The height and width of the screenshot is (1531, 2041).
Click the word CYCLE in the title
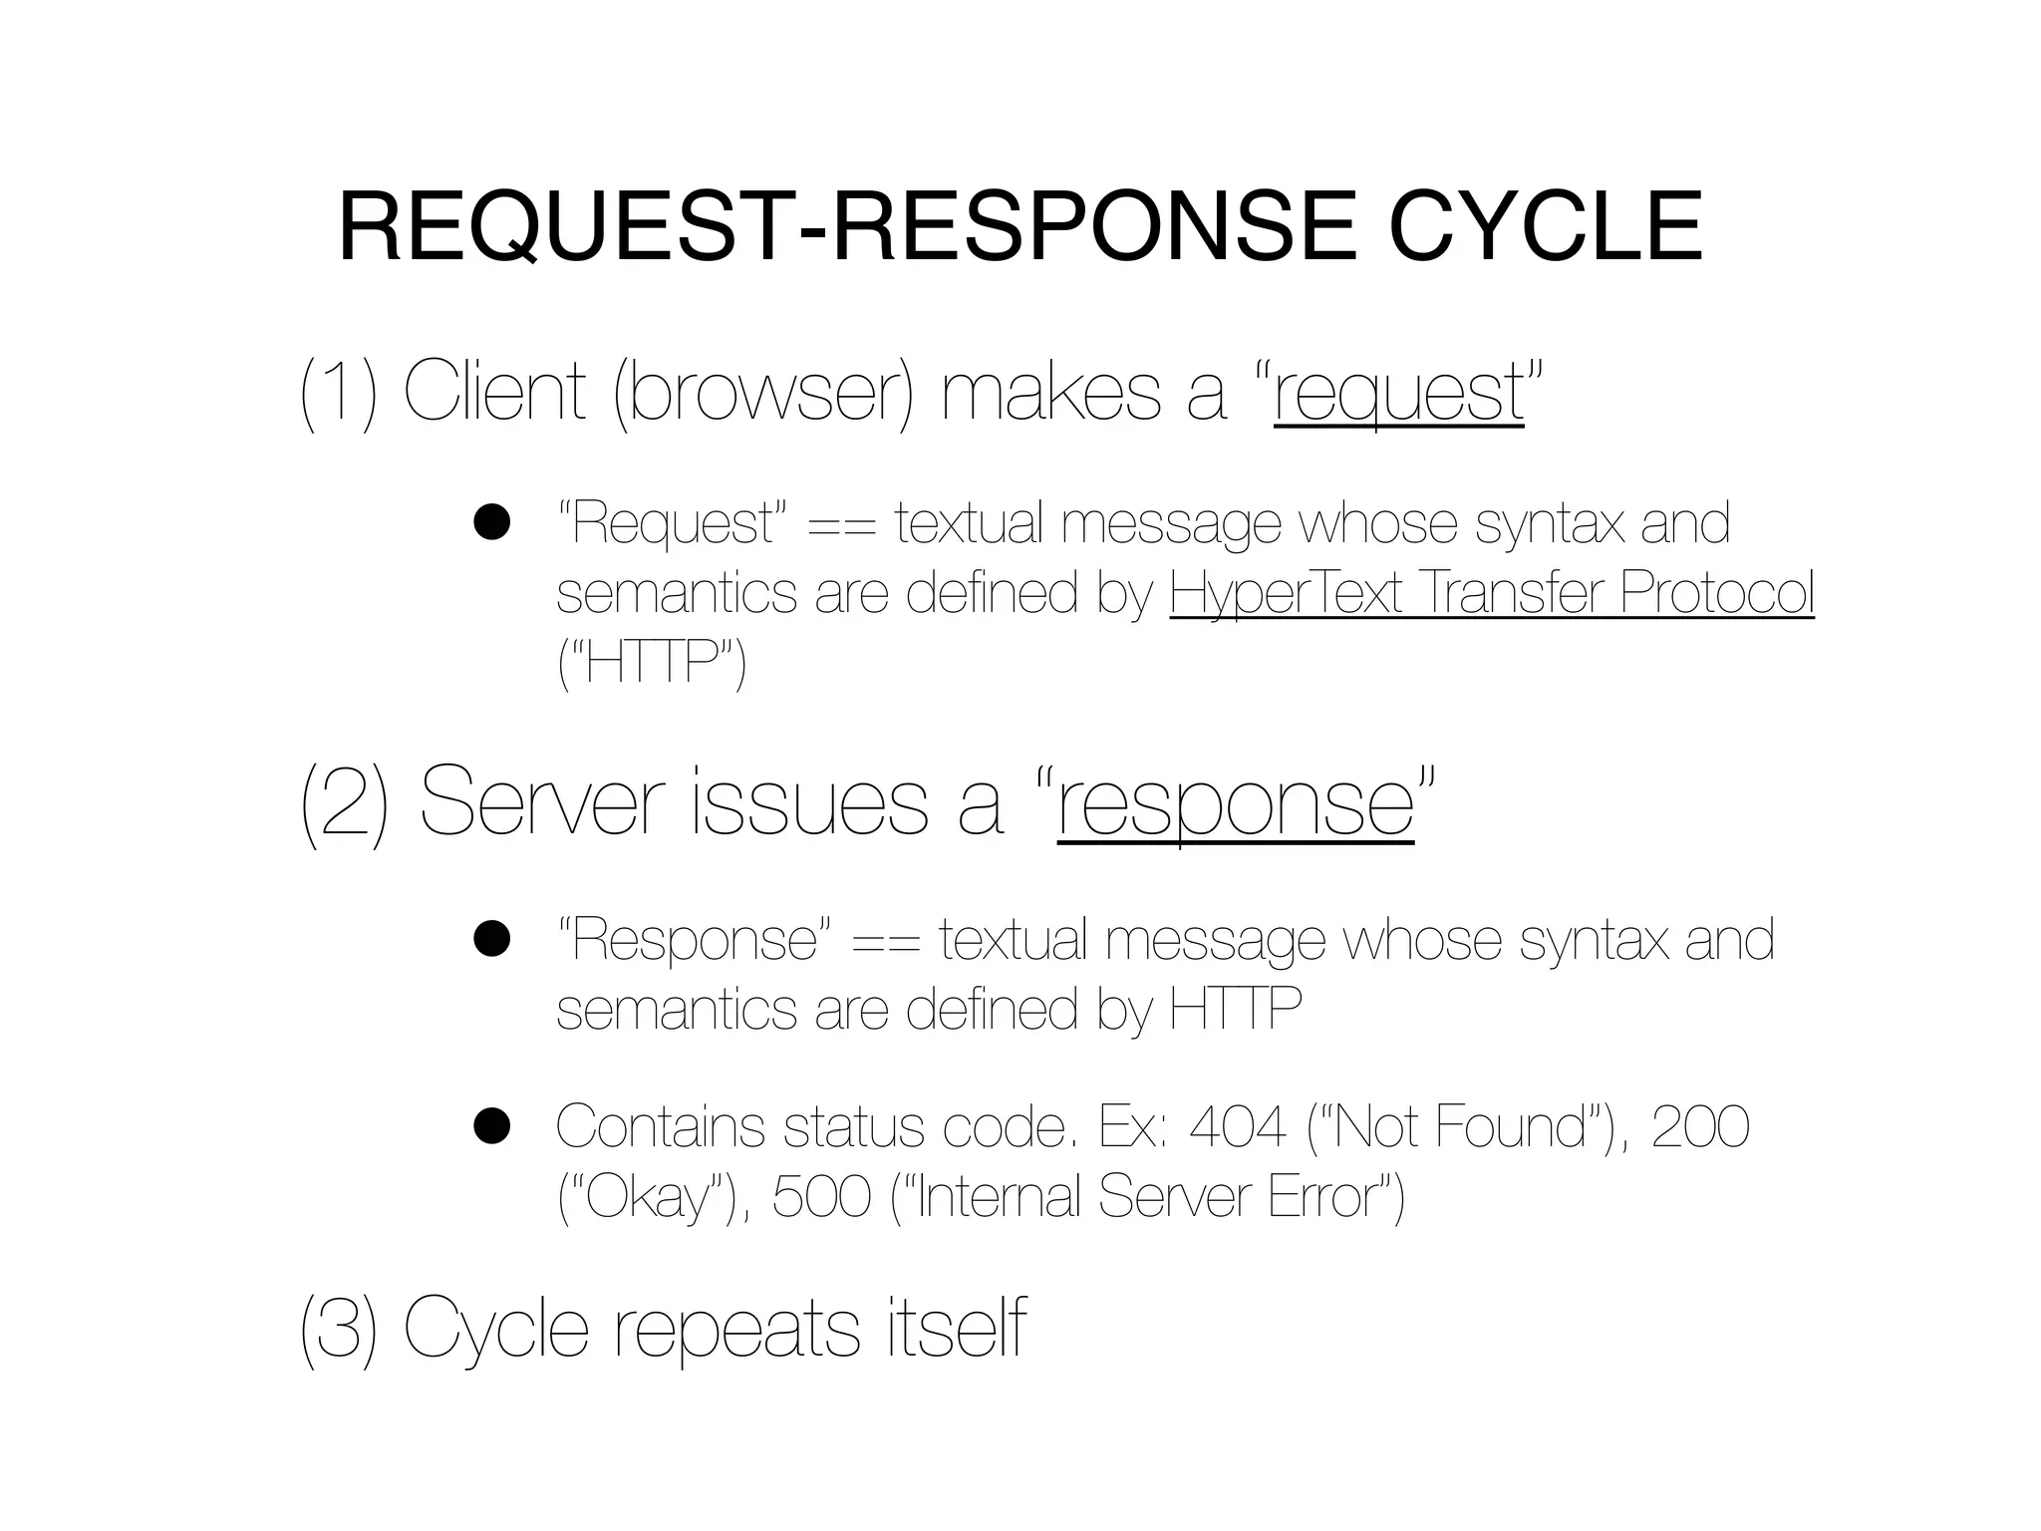coord(1545,228)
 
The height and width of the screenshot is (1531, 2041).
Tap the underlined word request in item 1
coord(1398,395)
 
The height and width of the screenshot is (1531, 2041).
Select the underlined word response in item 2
coord(1236,805)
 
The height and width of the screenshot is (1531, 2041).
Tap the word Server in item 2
coord(542,803)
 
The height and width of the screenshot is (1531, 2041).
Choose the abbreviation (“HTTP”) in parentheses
coord(652,662)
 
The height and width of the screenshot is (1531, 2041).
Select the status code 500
coord(821,1196)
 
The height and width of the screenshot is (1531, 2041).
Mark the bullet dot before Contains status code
coord(492,1126)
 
